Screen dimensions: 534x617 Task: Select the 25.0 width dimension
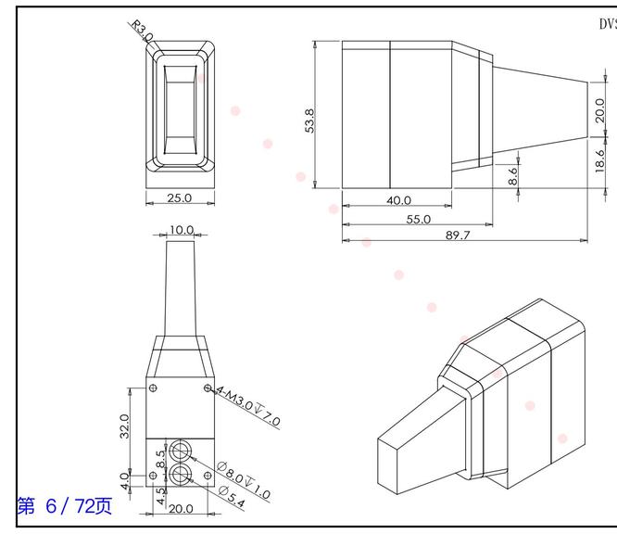179,197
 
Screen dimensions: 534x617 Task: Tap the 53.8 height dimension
309,121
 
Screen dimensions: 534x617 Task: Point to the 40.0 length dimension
398,200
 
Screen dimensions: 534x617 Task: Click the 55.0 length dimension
419,219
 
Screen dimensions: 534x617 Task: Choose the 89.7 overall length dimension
458,235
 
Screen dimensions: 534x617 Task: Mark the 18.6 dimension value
599,159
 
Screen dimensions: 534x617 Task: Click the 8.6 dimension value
513,176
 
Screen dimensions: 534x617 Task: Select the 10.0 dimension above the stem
181,230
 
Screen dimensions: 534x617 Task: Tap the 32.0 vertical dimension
123,425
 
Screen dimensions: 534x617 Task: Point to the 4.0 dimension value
123,480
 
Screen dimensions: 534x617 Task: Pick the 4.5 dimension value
160,495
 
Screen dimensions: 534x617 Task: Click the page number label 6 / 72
64,505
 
